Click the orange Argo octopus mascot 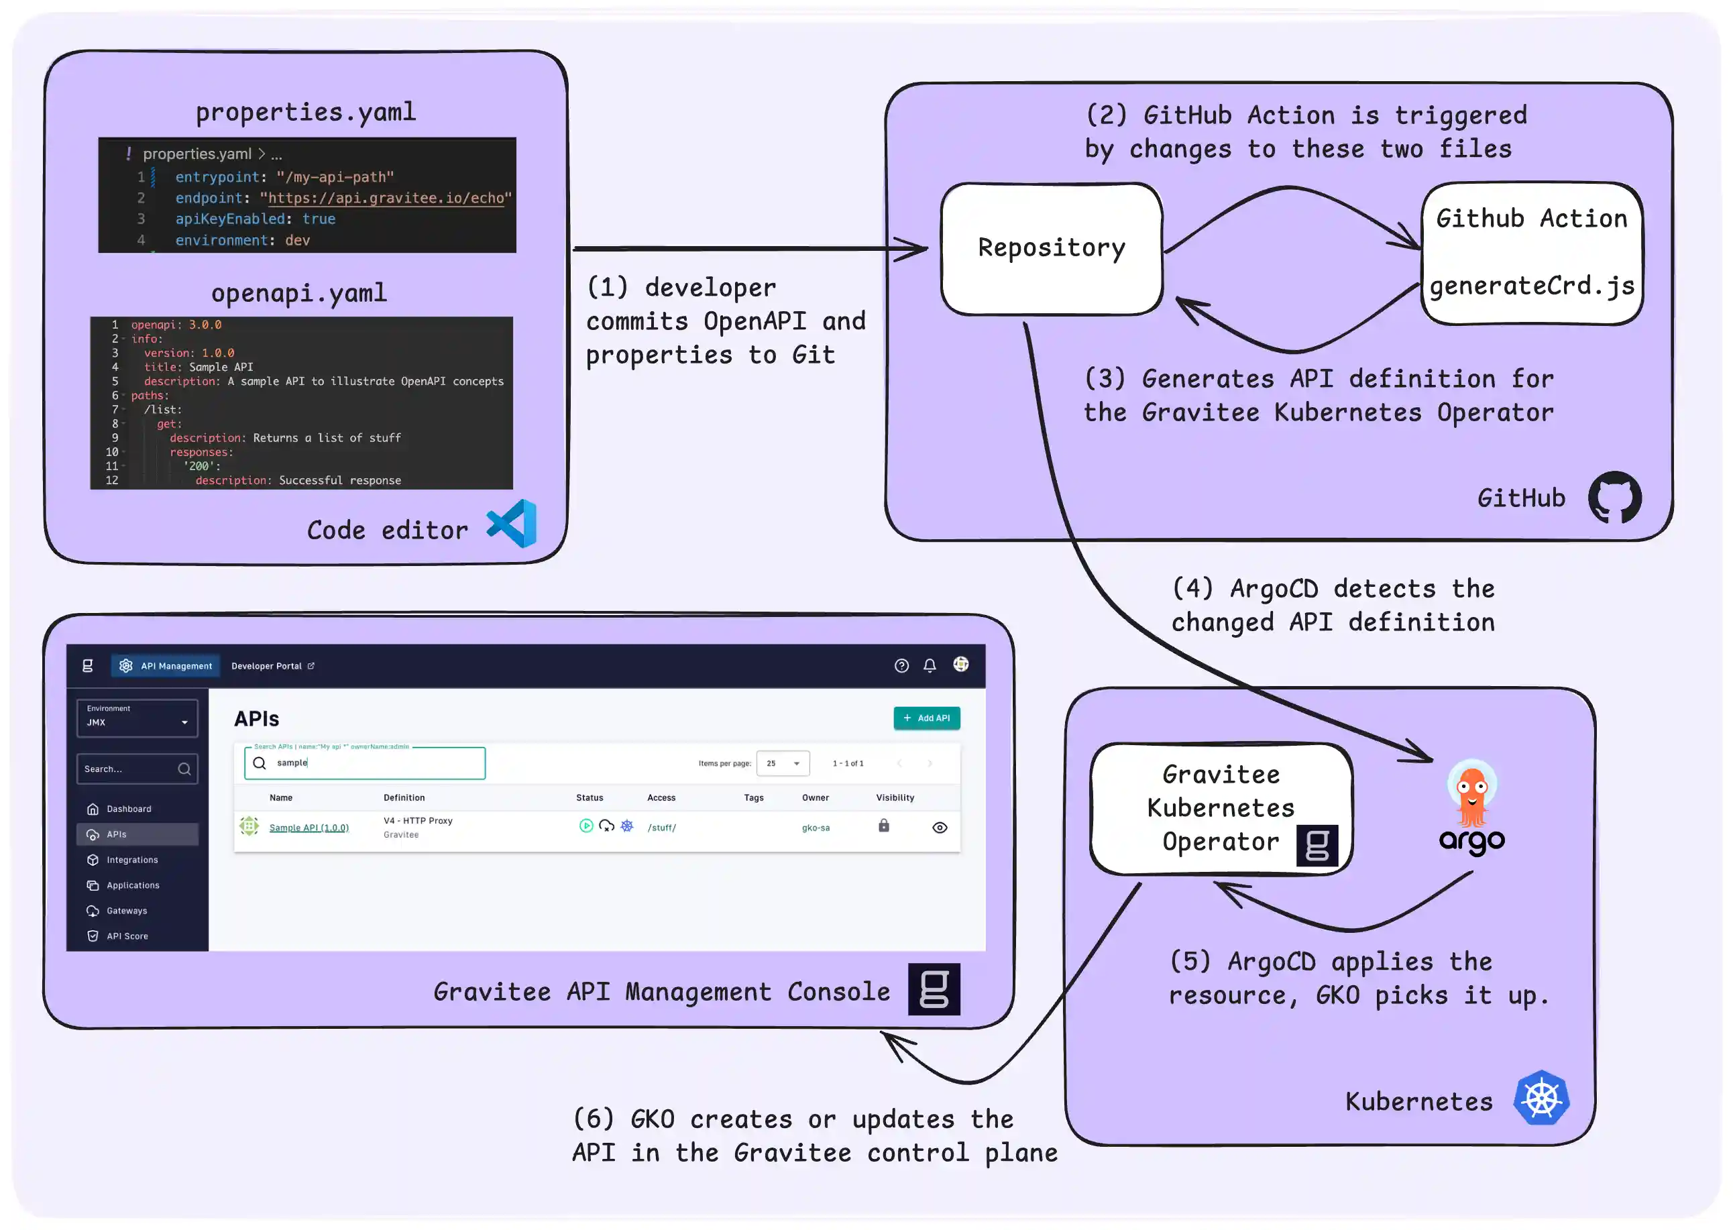[x=1471, y=795]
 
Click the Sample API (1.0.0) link [x=309, y=828]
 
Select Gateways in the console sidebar [x=127, y=910]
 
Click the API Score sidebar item [x=127, y=936]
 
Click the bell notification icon [x=930, y=665]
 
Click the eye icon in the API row [x=939, y=827]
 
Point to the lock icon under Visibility [x=883, y=826]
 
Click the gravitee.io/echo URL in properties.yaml [x=386, y=198]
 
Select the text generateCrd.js [x=1532, y=286]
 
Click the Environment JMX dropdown [x=137, y=717]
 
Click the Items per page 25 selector [x=783, y=763]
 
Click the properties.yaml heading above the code [x=305, y=112]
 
